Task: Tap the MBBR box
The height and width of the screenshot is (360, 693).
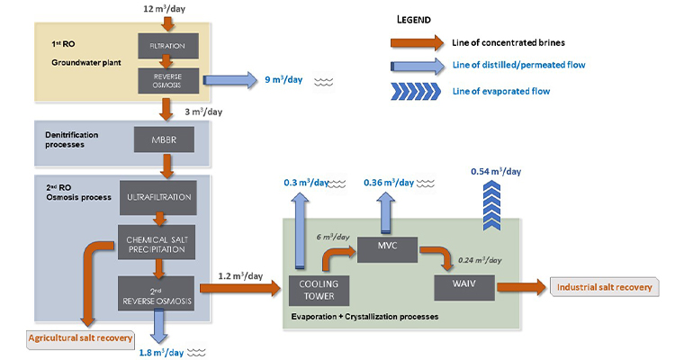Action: coord(164,139)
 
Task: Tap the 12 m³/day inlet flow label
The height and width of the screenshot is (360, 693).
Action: coord(165,8)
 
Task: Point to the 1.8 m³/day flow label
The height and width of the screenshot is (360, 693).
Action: coord(162,350)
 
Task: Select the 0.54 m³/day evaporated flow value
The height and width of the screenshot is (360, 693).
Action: coord(495,171)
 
